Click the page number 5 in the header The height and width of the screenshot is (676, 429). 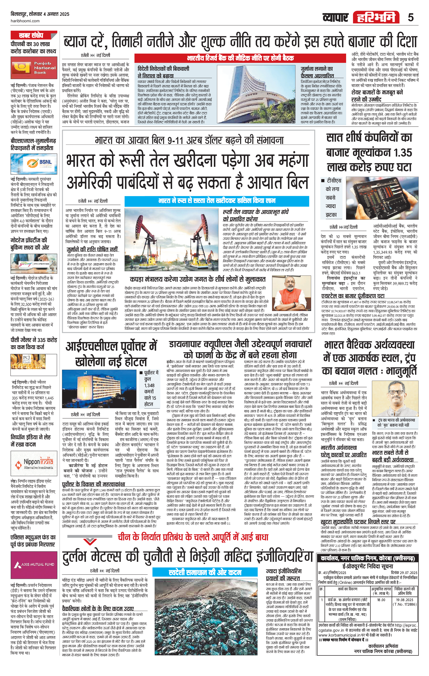pyautogui.click(x=411, y=17)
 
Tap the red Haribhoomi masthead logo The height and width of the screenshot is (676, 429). pyautogui.click(x=376, y=17)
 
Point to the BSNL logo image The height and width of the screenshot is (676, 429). pyautogui.click(x=34, y=164)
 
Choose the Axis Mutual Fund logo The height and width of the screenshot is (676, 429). pyautogui.click(x=34, y=565)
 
